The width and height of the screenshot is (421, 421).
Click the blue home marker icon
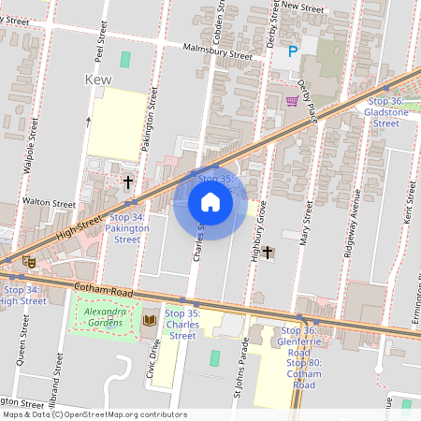[x=210, y=202]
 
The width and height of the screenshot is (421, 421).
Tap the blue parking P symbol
[x=293, y=52]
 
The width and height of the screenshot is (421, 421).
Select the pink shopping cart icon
[x=292, y=100]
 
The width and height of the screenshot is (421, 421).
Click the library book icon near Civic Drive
[x=149, y=321]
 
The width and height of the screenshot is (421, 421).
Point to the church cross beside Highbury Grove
[x=268, y=252]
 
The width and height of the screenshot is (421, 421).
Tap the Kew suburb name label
[x=98, y=80]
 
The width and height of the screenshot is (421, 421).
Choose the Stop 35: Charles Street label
[x=181, y=324]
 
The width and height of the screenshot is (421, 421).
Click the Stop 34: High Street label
[x=22, y=295]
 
